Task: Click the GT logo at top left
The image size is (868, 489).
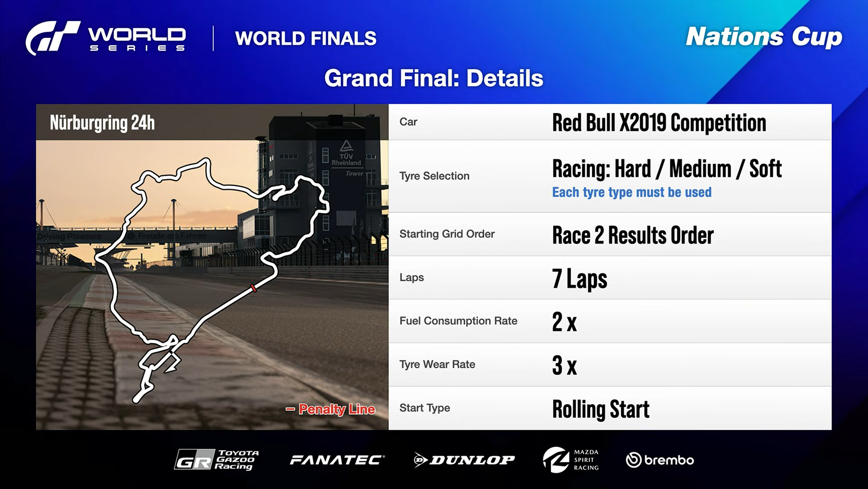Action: tap(52, 38)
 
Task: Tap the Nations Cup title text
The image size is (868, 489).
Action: tap(764, 37)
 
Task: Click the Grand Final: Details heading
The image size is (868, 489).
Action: tap(434, 78)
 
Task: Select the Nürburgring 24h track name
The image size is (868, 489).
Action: tap(102, 123)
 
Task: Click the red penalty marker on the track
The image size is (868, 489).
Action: tap(254, 288)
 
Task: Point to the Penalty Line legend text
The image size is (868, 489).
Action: tap(336, 409)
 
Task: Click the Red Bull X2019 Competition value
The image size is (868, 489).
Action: tap(659, 123)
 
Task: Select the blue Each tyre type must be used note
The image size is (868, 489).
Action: tap(632, 192)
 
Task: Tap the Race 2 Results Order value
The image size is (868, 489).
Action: tap(632, 235)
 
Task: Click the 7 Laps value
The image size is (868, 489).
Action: tap(579, 279)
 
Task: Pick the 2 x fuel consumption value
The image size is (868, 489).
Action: tap(564, 322)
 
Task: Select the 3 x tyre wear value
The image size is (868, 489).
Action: tap(564, 365)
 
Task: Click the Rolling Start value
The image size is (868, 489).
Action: tap(600, 409)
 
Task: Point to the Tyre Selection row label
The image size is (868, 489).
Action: tap(434, 176)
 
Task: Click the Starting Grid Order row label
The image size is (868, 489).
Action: tap(447, 234)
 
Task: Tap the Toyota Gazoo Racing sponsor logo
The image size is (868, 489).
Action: tap(217, 460)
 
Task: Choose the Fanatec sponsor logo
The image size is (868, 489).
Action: tap(337, 460)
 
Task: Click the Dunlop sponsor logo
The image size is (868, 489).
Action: tap(464, 460)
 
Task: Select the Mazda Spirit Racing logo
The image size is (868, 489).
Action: tap(571, 460)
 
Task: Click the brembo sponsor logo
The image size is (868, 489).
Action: tap(660, 460)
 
